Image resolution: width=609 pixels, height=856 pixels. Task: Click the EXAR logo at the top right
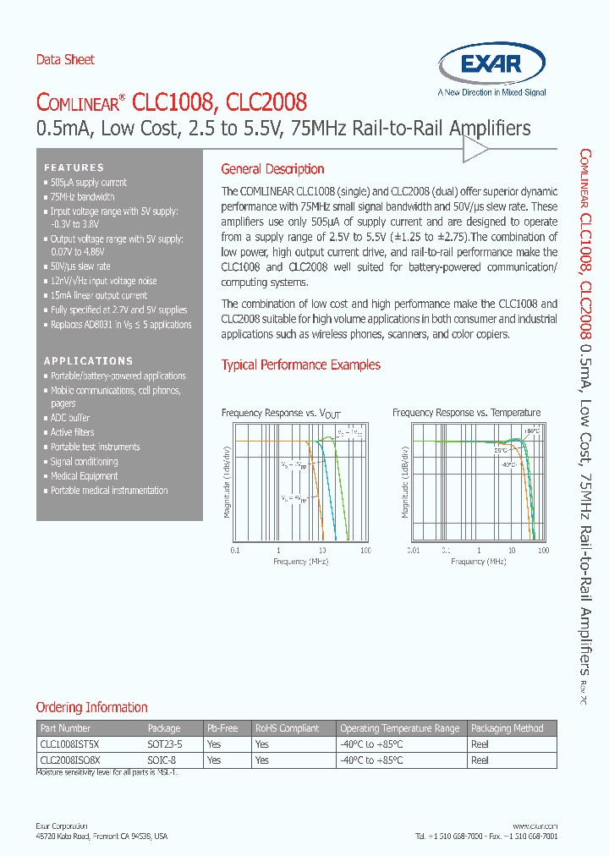(491, 66)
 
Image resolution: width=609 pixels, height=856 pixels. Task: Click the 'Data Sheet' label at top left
(65, 60)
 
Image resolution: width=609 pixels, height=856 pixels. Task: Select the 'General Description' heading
(272, 169)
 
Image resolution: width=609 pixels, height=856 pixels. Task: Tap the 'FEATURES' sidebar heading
(74, 167)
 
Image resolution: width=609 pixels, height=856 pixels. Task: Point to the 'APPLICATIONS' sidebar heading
(88, 361)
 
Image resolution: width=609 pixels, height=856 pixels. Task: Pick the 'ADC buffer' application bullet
(69, 418)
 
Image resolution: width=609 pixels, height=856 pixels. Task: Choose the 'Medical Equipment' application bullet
(84, 476)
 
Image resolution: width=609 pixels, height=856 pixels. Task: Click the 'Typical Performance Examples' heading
(300, 365)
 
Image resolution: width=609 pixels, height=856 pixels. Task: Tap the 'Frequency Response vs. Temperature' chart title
(466, 413)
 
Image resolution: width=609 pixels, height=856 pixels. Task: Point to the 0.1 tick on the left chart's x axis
(235, 551)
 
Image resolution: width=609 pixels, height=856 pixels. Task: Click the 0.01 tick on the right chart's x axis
(413, 551)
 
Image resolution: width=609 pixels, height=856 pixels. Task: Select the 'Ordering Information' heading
(91, 707)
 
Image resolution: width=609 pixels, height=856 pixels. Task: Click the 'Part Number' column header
(65, 728)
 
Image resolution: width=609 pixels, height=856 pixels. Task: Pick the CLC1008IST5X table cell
(70, 744)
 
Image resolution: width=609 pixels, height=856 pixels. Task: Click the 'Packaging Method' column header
(507, 728)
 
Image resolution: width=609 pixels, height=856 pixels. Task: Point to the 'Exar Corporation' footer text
(62, 826)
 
